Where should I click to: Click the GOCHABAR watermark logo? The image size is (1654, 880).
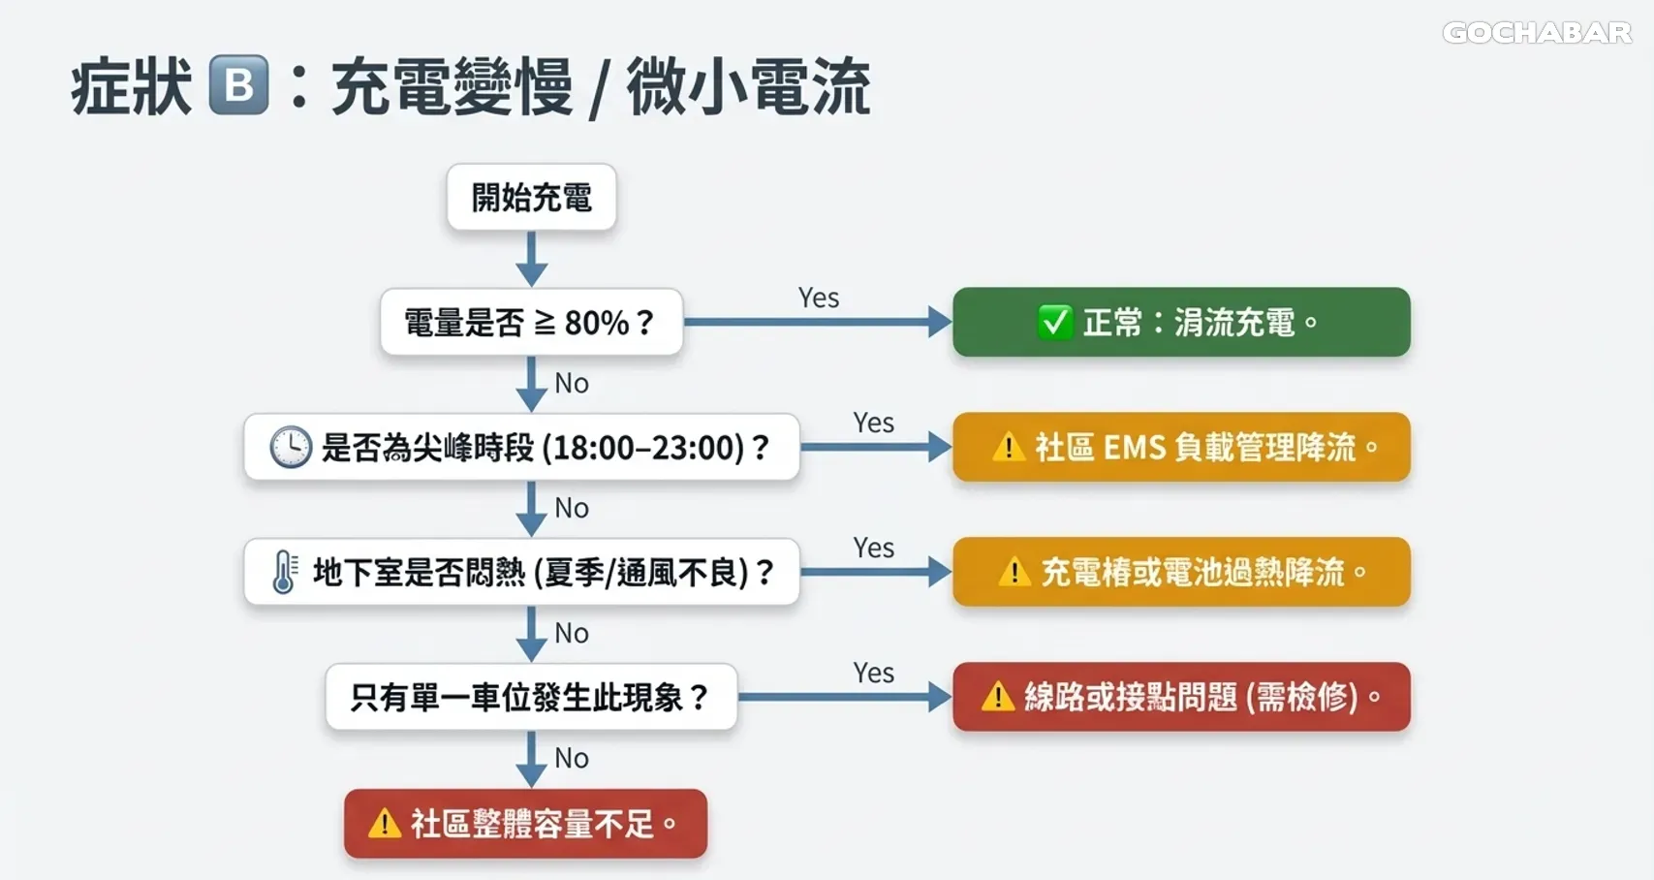tap(1537, 33)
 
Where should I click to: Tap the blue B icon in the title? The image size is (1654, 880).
tap(238, 86)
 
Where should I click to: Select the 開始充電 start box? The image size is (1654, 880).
tap(531, 198)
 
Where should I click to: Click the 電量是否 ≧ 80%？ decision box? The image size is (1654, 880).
tap(531, 322)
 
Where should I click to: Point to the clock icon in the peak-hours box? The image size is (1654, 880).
tap(290, 447)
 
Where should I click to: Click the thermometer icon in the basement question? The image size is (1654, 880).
tap(284, 572)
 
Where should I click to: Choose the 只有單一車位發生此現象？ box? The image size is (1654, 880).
tap(531, 697)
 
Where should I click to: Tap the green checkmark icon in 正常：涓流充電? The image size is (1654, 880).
tap(1054, 322)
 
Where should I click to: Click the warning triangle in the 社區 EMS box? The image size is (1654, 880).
tap(1008, 448)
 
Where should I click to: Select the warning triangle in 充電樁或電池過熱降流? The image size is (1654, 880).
tap(1014, 573)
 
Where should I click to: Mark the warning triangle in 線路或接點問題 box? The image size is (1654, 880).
tap(997, 697)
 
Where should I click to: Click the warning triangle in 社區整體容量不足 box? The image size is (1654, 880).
tap(385, 824)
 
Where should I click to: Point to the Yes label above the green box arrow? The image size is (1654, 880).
tap(819, 298)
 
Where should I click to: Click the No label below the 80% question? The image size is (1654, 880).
tap(572, 384)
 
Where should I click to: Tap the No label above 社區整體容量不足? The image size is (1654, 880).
tap(572, 758)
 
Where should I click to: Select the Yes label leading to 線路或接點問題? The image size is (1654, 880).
tap(873, 673)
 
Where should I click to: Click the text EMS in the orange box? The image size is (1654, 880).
tap(1134, 448)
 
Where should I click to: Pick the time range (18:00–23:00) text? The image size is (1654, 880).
tap(643, 448)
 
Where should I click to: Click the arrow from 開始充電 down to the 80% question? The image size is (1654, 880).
tap(531, 260)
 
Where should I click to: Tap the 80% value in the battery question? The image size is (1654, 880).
tap(597, 323)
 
